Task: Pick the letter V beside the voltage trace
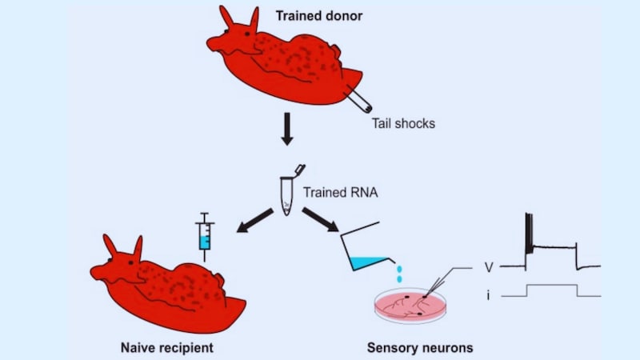point(488,266)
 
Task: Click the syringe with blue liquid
point(206,234)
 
